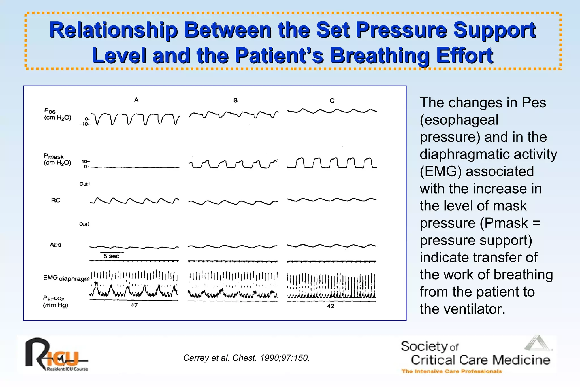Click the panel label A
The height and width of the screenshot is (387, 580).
[x=136, y=100]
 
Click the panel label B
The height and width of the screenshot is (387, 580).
[x=235, y=100]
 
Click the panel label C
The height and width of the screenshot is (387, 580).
[x=332, y=101]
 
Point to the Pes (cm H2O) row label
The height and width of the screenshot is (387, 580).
[x=57, y=114]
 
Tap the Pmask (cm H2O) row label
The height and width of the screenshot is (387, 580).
[x=57, y=160]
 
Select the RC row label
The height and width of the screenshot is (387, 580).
[x=56, y=200]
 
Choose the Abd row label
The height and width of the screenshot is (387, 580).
[x=56, y=245]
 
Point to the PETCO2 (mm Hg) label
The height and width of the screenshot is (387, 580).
[x=55, y=301]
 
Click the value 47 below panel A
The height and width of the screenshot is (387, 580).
[x=134, y=305]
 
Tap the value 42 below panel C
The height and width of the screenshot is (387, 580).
[x=330, y=306]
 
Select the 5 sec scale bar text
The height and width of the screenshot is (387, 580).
[x=111, y=256]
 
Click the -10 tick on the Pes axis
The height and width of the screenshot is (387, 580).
[x=84, y=124]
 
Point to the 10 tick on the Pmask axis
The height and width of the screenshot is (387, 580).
[x=84, y=161]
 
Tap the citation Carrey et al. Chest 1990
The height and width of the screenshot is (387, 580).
[x=246, y=358]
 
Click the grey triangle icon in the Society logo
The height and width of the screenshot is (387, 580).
[x=537, y=343]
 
